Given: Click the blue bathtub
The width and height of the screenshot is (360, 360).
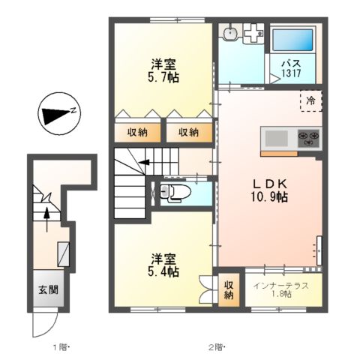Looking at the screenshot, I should [x=292, y=42].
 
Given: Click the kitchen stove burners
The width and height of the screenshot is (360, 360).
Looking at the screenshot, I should [x=308, y=138].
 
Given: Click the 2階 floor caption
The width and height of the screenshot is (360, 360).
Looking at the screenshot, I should [x=216, y=346].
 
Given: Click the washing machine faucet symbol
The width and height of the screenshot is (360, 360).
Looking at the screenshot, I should [x=254, y=33].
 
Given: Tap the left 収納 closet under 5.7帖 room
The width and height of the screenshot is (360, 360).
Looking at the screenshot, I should [x=137, y=133].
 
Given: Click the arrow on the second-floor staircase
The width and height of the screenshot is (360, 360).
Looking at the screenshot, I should [x=142, y=162].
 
